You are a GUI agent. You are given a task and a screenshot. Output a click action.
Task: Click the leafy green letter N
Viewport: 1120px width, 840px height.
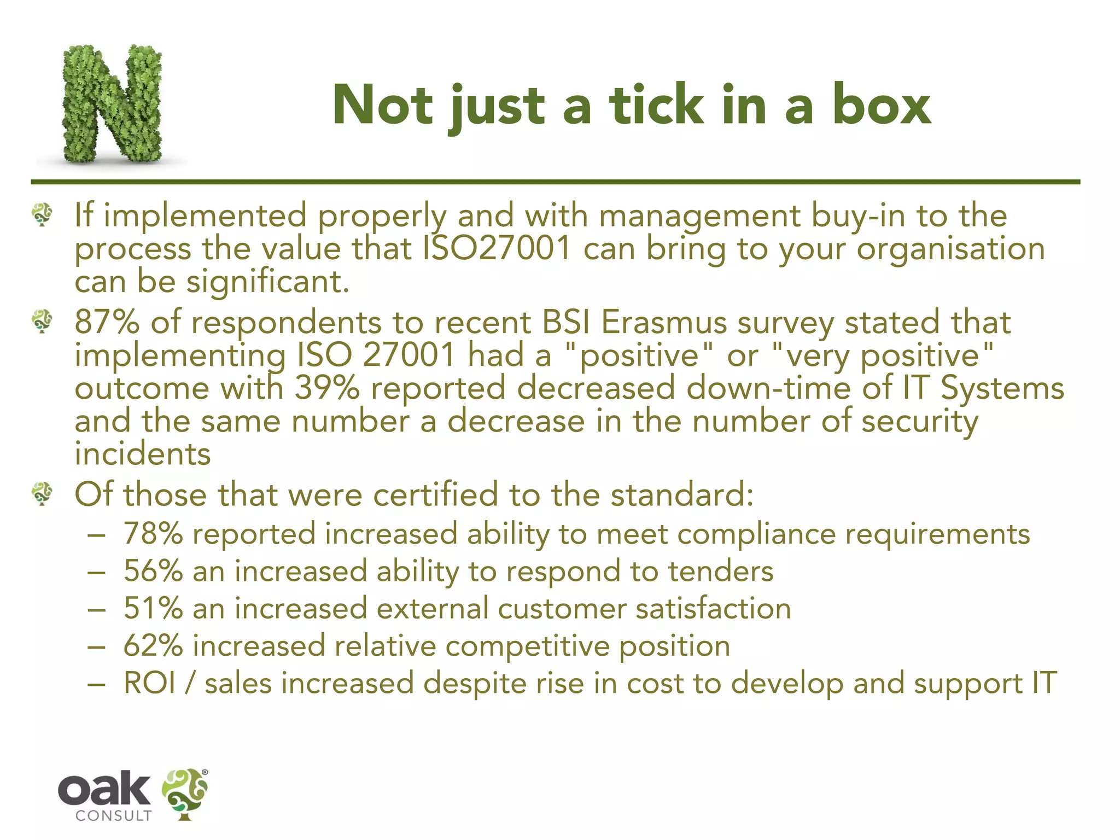[112, 104]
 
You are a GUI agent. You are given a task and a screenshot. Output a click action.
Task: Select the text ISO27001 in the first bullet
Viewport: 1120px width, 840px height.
[497, 248]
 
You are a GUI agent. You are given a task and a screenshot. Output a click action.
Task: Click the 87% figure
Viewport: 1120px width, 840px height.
[107, 322]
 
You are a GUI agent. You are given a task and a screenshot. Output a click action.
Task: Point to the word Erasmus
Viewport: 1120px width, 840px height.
[664, 322]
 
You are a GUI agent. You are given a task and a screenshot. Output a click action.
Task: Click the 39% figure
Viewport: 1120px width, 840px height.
[327, 388]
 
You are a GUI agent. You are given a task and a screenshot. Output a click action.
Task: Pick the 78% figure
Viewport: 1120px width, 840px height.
[153, 534]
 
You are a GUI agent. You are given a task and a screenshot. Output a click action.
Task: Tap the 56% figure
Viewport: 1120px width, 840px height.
[153, 571]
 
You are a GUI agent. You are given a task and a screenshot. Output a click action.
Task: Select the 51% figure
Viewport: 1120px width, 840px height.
[153, 609]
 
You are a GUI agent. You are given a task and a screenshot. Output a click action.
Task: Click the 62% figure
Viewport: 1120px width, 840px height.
[153, 646]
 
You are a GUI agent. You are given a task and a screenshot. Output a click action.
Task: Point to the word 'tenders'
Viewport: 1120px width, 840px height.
[721, 571]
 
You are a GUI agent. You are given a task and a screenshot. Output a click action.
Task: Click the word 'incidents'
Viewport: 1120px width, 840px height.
[143, 454]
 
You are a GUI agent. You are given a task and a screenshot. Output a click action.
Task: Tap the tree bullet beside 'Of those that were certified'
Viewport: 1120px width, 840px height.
[42, 493]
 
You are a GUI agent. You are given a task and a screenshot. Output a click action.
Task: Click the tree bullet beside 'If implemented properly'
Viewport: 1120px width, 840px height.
[42, 214]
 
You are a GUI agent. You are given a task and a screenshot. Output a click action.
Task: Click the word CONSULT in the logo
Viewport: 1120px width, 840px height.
[113, 816]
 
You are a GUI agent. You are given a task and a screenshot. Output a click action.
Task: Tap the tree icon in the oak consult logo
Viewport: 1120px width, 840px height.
[185, 794]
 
